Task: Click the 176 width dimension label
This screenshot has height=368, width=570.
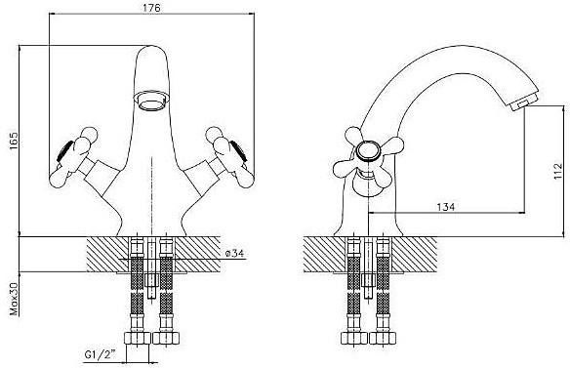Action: pyautogui.click(x=151, y=8)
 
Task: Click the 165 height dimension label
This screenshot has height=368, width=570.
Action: pyautogui.click(x=13, y=142)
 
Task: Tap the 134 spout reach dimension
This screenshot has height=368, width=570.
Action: pyautogui.click(x=446, y=207)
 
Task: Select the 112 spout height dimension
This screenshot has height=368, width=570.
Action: pyautogui.click(x=557, y=172)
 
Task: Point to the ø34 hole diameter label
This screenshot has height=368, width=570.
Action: pyautogui.click(x=234, y=253)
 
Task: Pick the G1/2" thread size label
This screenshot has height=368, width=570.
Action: pyautogui.click(x=100, y=353)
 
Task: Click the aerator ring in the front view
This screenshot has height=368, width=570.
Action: pyautogui.click(x=151, y=101)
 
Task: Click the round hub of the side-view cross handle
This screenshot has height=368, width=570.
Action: pyautogui.click(x=368, y=151)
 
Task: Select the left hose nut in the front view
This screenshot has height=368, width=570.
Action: pyautogui.click(x=137, y=338)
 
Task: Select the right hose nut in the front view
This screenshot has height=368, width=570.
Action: pyautogui.click(x=166, y=338)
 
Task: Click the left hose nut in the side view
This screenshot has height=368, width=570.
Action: pyautogui.click(x=354, y=338)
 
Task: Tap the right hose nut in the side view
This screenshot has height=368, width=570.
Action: pyautogui.click(x=383, y=338)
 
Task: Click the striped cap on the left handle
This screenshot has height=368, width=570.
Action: pyautogui.click(x=64, y=151)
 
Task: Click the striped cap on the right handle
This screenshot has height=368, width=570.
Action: pyautogui.click(x=238, y=151)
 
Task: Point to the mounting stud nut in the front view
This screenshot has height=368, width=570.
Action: pyautogui.click(x=151, y=280)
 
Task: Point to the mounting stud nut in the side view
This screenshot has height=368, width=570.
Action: pyautogui.click(x=369, y=280)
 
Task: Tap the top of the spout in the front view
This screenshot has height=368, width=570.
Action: pyautogui.click(x=151, y=46)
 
